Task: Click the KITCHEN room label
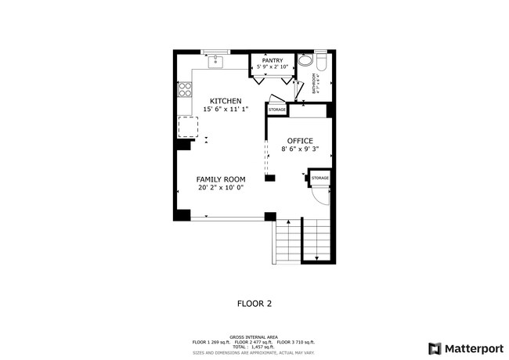click(225, 101)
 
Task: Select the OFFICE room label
click(299, 141)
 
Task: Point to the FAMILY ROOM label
click(222, 179)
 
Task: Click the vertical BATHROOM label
click(314, 83)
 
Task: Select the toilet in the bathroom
click(305, 61)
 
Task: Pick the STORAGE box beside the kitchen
click(277, 110)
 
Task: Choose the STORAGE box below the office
click(319, 179)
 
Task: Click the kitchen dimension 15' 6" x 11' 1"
click(226, 110)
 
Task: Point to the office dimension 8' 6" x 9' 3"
click(299, 149)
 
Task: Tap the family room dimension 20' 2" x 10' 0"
click(222, 188)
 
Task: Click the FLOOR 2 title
click(254, 302)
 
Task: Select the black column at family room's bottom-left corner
click(182, 214)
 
